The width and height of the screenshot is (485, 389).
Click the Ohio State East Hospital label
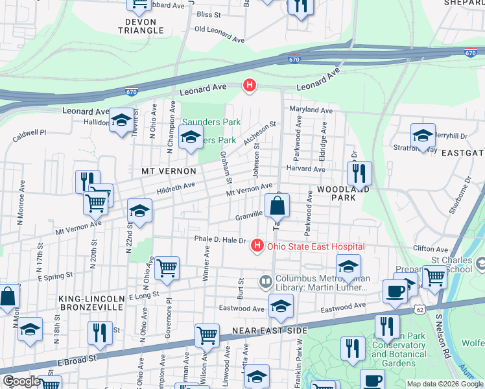coord(316,246)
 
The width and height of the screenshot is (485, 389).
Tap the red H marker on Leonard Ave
coord(249,85)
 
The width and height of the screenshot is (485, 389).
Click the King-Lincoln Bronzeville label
coord(91,303)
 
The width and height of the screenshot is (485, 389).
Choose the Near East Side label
coord(269,331)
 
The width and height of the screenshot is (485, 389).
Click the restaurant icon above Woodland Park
coord(359,173)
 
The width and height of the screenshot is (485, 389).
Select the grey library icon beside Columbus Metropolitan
coord(265,282)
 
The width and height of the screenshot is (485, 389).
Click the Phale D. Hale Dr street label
coord(220,240)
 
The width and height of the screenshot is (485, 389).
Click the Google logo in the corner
coord(21,381)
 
